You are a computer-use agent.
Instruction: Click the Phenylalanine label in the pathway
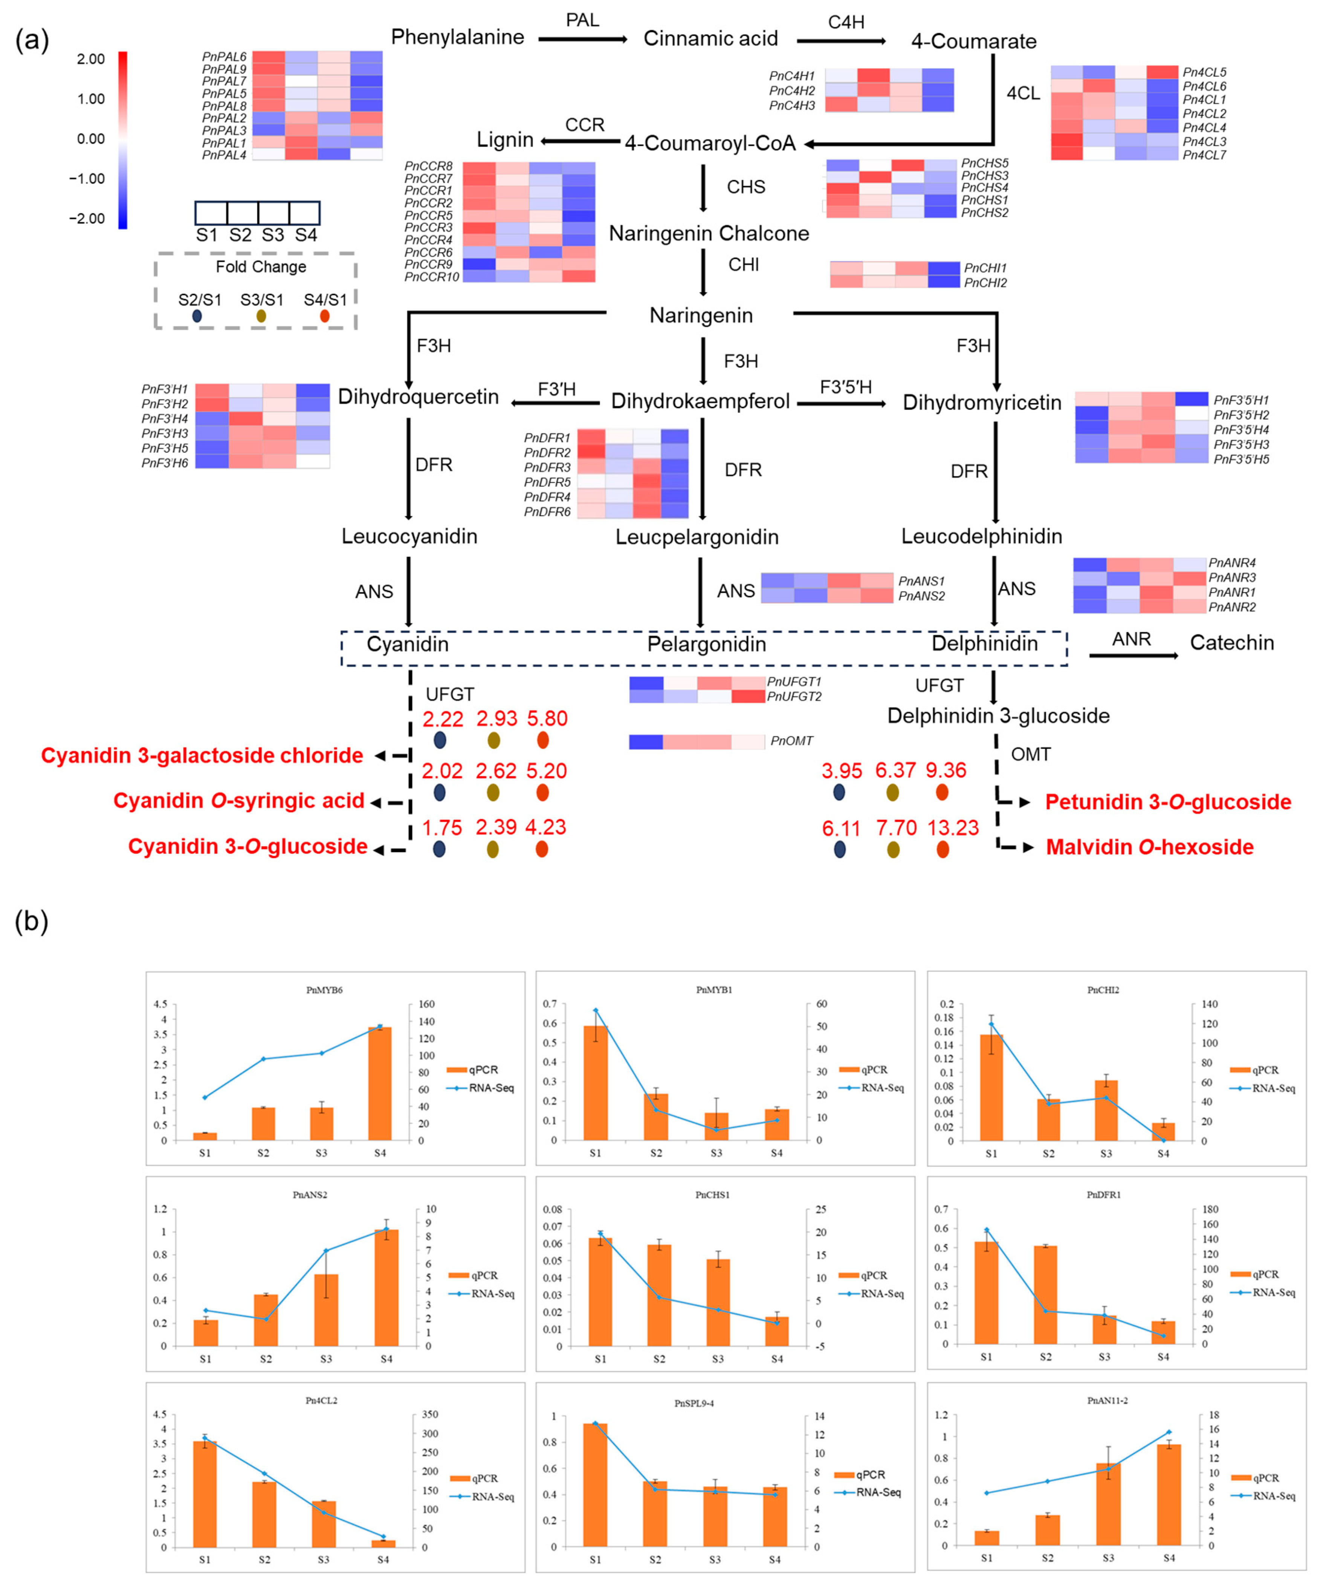[457, 37]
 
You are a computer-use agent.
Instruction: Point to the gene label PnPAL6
[224, 57]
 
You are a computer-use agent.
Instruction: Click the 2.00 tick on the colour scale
[90, 59]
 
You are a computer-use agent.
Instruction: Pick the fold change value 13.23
[952, 827]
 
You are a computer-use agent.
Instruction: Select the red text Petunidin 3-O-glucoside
[1168, 802]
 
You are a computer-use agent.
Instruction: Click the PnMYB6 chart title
[324, 989]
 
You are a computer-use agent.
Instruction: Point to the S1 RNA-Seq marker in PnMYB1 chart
[595, 1010]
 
